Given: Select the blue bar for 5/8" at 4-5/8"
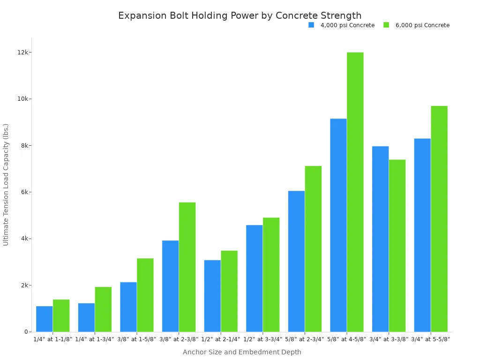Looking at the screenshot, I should (x=338, y=225).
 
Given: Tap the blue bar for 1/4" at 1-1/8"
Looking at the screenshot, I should (x=44, y=319).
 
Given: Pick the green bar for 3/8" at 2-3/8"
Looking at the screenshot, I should (x=187, y=267).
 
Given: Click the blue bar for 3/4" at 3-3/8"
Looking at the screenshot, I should (x=380, y=239).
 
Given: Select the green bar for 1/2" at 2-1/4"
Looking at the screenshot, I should (x=229, y=291).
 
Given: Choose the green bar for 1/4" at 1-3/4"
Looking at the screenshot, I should (x=103, y=309).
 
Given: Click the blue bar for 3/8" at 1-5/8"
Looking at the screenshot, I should (x=128, y=307).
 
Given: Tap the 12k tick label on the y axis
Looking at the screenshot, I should (x=22, y=52).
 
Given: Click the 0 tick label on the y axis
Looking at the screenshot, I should (x=26, y=332).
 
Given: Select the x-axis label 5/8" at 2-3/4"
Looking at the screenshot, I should (x=305, y=339).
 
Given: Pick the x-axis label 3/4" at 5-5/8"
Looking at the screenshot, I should (x=431, y=339).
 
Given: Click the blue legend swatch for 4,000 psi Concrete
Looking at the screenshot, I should (x=311, y=25).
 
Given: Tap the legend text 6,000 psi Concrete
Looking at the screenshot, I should (x=422, y=25).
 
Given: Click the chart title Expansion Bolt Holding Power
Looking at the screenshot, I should (x=240, y=15).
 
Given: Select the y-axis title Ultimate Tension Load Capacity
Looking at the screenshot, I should (x=6, y=184).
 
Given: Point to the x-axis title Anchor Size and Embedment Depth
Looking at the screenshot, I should (x=242, y=352).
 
